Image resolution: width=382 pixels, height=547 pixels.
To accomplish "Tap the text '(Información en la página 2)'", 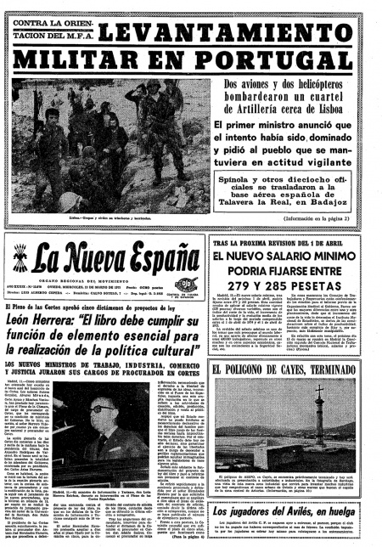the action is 325,221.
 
